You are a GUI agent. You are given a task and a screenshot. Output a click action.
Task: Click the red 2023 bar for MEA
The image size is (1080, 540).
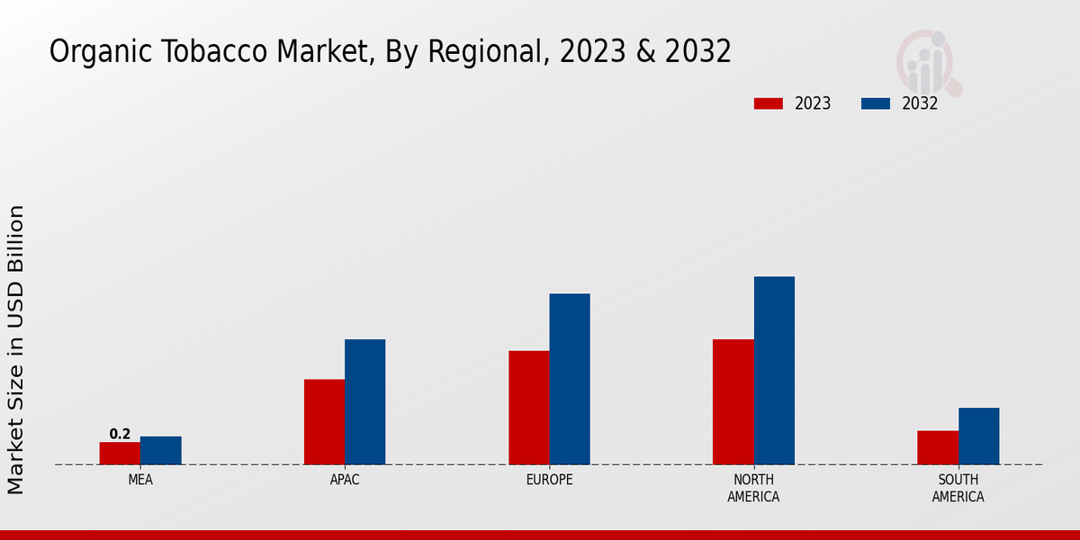120,454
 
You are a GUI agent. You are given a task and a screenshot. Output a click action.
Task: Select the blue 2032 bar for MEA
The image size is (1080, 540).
161,451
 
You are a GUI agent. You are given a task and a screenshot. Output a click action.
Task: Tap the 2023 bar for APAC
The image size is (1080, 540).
324,422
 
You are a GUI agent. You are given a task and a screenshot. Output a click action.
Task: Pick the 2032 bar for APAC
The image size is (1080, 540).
365,402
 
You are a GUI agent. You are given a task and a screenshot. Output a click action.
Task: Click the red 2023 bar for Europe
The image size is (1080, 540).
529,408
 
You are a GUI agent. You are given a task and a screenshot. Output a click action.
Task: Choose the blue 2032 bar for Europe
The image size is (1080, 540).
570,379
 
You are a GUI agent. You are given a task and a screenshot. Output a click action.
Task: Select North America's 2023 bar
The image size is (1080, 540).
733,402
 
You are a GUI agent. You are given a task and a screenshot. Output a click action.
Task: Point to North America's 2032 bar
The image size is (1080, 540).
774,371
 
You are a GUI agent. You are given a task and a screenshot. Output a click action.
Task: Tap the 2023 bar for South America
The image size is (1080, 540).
938,447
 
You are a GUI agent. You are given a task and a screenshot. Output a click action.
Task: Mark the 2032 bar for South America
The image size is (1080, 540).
979,436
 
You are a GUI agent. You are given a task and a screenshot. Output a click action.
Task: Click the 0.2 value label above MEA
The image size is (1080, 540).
120,435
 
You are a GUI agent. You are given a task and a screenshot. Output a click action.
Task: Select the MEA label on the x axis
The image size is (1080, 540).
140,480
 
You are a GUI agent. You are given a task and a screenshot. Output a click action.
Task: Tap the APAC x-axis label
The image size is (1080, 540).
345,480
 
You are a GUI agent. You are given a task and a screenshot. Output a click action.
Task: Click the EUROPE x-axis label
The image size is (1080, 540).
549,480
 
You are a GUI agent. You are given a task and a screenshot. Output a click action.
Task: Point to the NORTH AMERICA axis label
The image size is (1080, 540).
753,488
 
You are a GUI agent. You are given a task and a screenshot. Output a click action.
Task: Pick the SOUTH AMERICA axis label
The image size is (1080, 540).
958,488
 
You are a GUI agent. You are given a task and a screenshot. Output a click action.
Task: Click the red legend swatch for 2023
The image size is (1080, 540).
769,103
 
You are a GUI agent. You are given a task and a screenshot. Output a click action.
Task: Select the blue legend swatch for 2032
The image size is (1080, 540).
876,103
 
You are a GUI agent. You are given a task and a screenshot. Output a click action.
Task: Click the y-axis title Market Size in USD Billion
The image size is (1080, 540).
16,349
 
